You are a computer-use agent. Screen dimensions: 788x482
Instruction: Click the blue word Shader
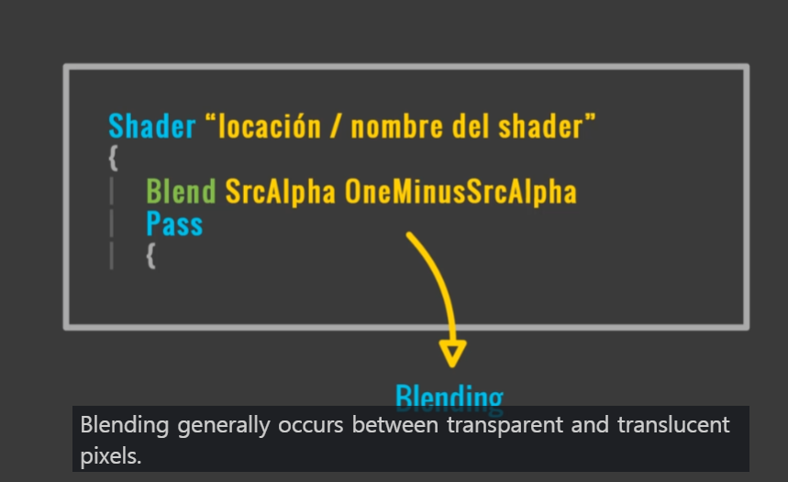152,126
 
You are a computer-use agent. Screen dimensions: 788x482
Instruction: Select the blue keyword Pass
174,223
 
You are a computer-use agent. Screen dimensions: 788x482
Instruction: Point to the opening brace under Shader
113,158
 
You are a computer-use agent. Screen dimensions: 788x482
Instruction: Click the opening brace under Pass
150,255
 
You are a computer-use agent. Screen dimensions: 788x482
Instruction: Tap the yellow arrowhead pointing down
453,353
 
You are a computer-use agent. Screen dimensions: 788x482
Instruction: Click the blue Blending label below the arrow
449,397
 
